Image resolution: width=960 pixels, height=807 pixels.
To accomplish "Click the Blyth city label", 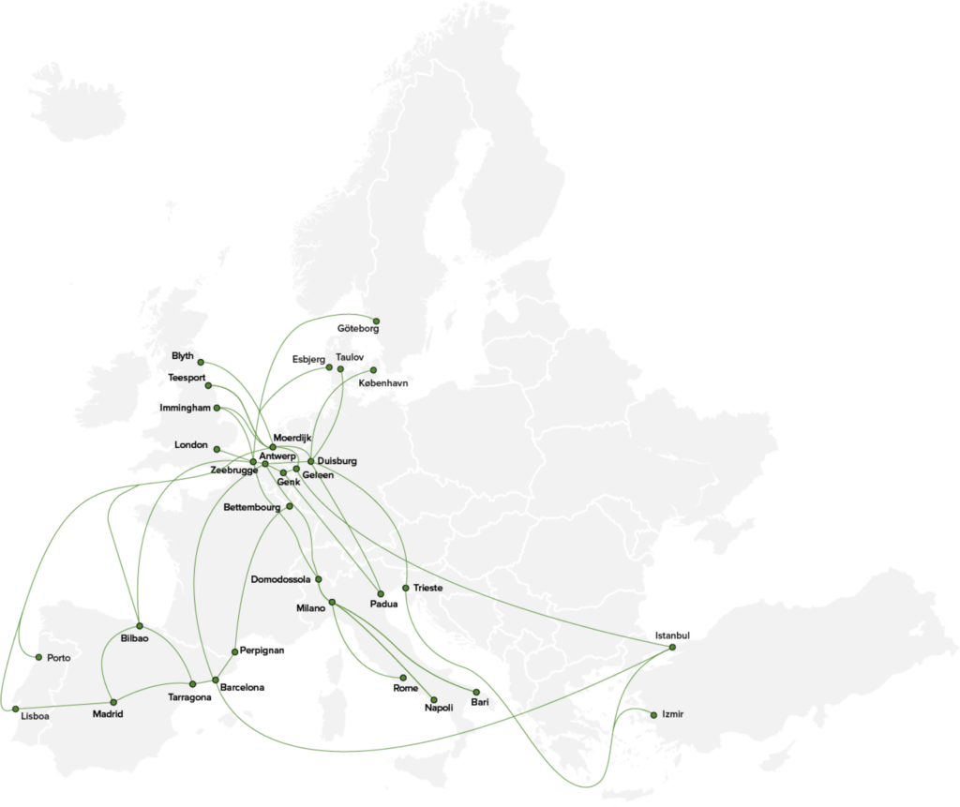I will click(182, 356).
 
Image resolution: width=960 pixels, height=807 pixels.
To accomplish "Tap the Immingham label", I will click(186, 409).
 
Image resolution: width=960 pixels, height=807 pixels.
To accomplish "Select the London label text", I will click(191, 444).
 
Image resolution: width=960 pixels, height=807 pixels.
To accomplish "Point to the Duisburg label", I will click(337, 461).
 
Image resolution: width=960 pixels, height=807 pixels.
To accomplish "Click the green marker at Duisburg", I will click(310, 461).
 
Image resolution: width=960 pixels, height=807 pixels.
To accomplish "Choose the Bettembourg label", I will click(252, 508).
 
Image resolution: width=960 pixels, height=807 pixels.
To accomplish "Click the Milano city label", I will click(310, 608).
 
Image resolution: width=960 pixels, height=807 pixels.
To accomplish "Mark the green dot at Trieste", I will click(404, 589).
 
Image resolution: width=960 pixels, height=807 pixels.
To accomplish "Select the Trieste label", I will click(427, 588).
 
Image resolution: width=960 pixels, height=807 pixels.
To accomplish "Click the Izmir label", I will click(672, 714).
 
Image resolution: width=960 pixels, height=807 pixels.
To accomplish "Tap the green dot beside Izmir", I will click(653, 715).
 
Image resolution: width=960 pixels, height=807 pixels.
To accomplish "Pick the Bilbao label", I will click(134, 638).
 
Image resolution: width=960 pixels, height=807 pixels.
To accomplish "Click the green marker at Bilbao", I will click(139, 625).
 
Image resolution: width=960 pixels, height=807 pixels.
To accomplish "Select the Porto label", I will click(57, 657).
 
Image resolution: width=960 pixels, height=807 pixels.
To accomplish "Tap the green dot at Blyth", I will click(201, 362).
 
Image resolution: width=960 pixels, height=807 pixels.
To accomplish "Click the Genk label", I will click(289, 483).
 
